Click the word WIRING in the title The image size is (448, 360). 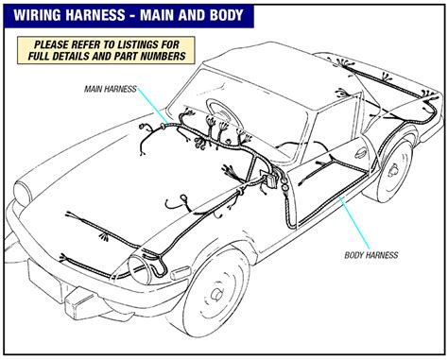(38, 15)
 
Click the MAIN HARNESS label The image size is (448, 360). (111, 89)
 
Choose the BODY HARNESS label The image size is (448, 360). (371, 255)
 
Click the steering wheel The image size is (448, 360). (223, 113)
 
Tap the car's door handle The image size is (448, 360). (360, 153)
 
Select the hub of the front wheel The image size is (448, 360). (216, 294)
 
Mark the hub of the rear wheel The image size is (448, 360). (394, 171)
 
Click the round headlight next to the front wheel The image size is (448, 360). (139, 269)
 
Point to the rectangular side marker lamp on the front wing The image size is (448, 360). (181, 273)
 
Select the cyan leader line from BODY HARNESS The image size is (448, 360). (354, 224)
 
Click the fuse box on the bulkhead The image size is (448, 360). (271, 180)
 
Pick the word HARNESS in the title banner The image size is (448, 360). (97, 15)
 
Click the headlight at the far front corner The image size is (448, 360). (24, 192)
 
